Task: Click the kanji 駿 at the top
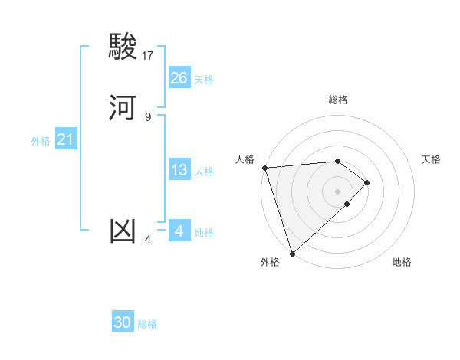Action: tap(123, 47)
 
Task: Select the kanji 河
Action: tap(123, 108)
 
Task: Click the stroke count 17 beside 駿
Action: tap(148, 55)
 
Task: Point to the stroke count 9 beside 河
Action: tap(148, 116)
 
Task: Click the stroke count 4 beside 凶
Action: tap(148, 239)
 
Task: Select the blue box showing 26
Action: tap(179, 78)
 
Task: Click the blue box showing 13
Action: tap(179, 170)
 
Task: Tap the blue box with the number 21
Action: tap(65, 139)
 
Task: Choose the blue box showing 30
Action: tap(123, 322)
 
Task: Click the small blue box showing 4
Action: tap(179, 231)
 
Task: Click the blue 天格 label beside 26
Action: tap(204, 80)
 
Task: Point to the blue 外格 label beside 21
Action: tap(41, 141)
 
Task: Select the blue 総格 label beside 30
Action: tap(147, 324)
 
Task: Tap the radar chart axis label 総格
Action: tap(338, 100)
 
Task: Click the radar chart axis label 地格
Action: tap(402, 263)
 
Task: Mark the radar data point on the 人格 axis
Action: tap(264, 167)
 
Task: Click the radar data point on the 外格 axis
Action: tap(292, 252)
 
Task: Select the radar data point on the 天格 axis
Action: tap(367, 182)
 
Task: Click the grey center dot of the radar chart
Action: tap(337, 191)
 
